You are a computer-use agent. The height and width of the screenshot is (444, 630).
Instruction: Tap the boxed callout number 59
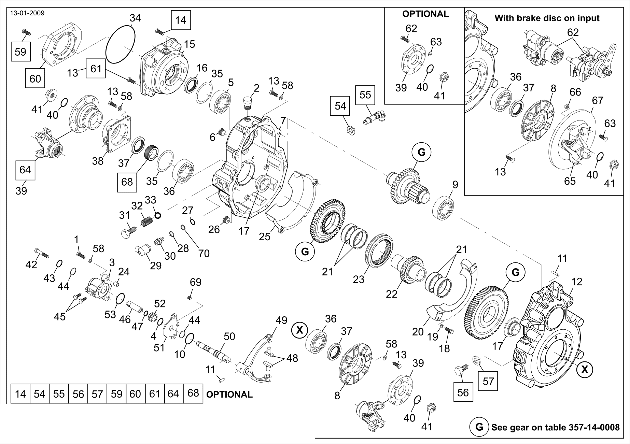tap(20, 52)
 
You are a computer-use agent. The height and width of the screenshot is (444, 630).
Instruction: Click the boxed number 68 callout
tap(127, 181)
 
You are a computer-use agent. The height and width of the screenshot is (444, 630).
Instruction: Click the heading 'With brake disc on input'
tap(547, 18)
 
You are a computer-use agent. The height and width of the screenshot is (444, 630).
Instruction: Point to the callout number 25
tap(265, 236)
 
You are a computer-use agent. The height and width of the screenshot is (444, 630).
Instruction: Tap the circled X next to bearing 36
tap(300, 330)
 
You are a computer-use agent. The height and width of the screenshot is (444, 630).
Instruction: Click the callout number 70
tap(204, 253)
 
